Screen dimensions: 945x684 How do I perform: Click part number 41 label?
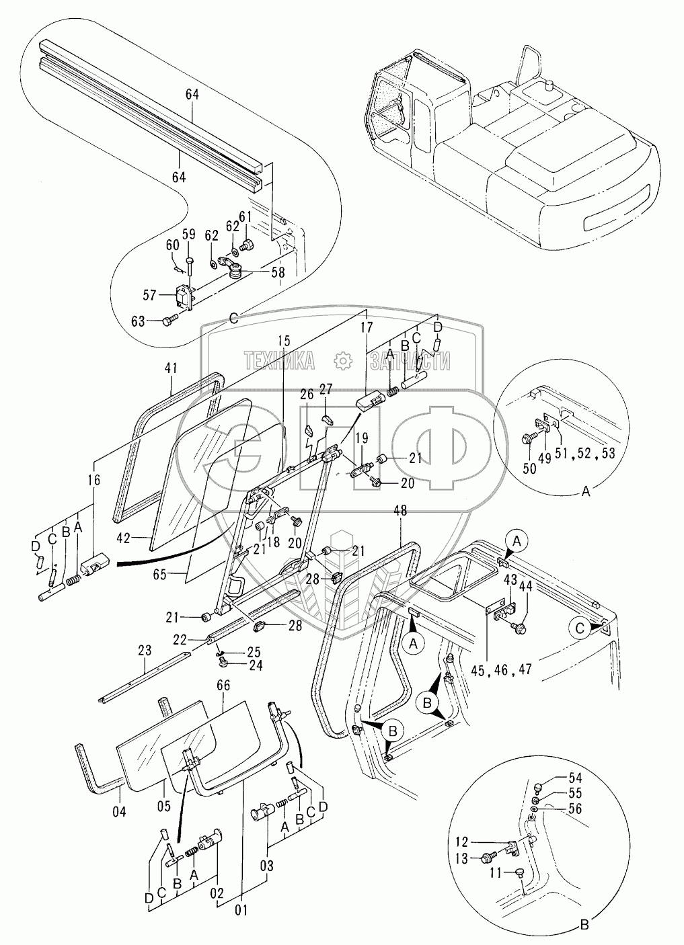171,368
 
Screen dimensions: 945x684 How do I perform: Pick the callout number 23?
143,650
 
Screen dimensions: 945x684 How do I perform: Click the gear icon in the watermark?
343,360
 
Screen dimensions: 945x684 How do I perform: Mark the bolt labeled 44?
519,628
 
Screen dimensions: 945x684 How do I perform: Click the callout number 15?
282,341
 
